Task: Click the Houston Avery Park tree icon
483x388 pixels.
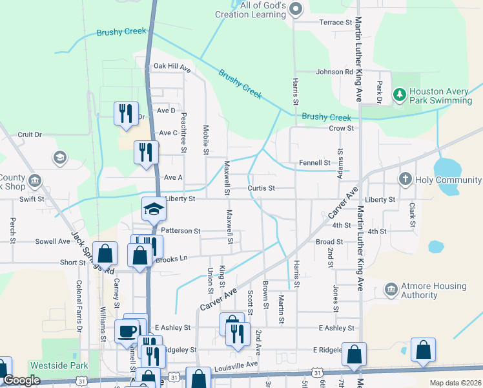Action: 399,96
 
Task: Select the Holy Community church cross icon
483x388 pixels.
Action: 405,179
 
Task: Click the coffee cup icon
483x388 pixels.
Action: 127,331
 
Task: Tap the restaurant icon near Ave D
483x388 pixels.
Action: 123,113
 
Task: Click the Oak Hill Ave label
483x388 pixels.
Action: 172,67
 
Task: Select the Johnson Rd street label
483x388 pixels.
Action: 334,72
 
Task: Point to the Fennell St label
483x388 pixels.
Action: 314,163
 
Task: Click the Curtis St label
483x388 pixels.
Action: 261,189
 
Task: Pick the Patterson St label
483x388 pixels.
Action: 181,230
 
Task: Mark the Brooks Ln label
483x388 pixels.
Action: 172,259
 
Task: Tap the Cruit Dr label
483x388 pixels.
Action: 30,135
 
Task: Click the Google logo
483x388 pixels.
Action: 22,381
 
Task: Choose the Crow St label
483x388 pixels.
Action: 342,128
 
